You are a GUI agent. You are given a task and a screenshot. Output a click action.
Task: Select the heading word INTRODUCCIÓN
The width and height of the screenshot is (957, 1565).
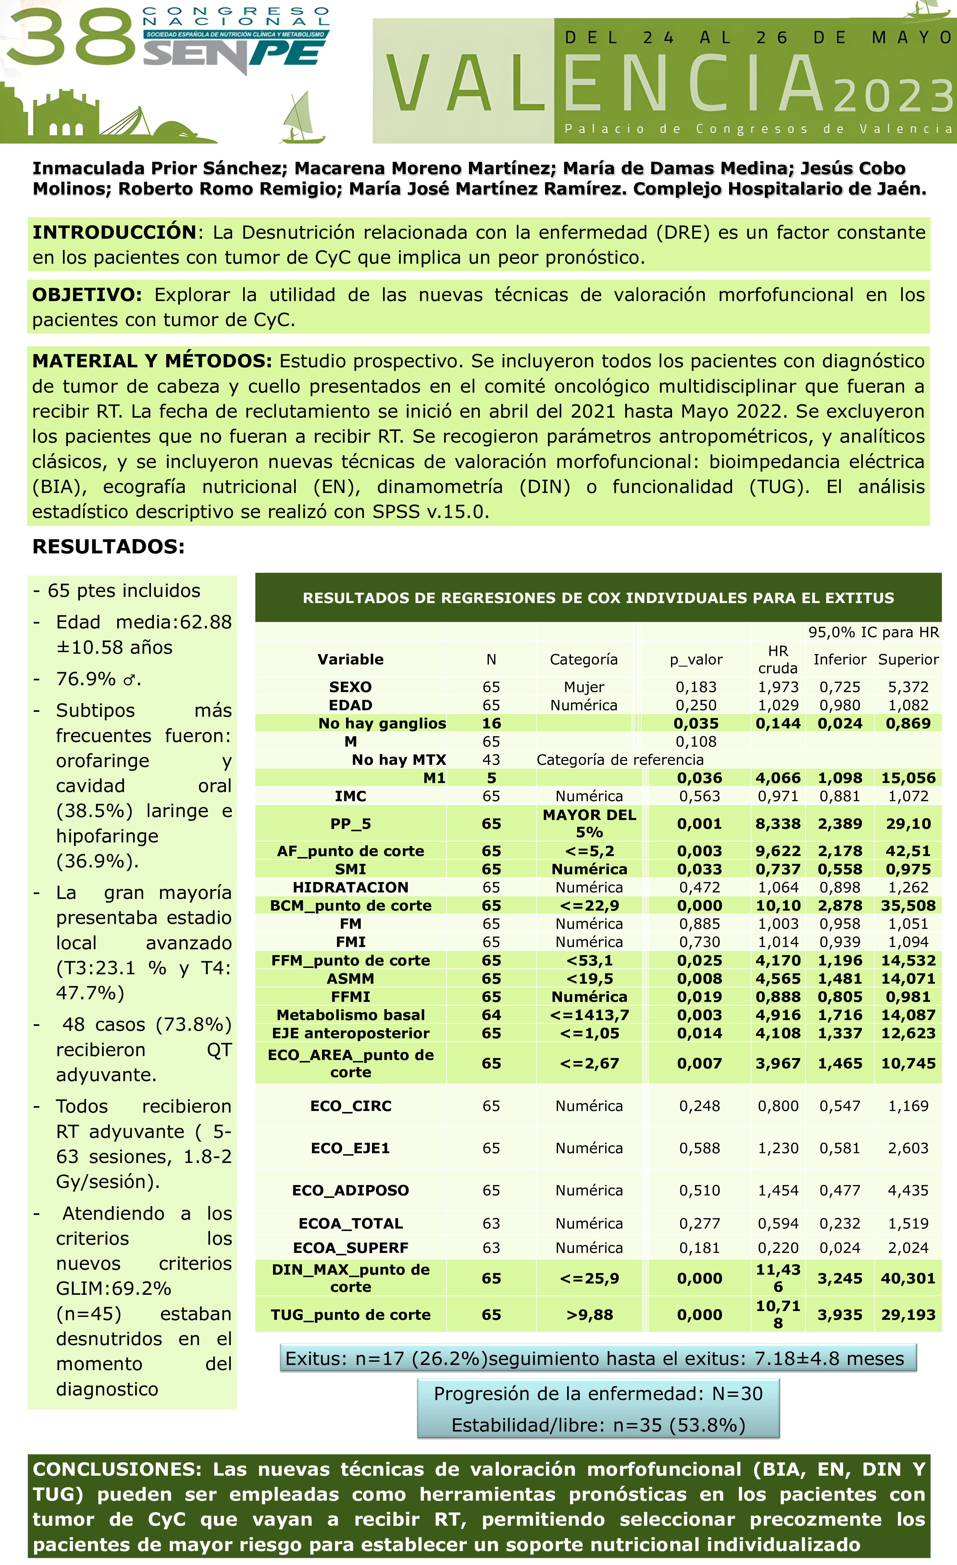tap(114, 233)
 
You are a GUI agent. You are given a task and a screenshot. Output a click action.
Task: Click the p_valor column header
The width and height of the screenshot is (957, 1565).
tap(696, 659)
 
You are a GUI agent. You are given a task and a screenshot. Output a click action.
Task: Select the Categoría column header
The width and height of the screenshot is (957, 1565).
tap(584, 659)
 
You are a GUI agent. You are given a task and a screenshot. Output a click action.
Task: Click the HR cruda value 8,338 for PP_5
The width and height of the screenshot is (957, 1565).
tap(778, 824)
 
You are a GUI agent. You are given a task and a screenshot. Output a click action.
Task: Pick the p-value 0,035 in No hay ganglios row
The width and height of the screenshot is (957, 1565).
tap(696, 724)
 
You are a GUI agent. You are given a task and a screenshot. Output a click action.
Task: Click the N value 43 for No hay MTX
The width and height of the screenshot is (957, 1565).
tap(491, 760)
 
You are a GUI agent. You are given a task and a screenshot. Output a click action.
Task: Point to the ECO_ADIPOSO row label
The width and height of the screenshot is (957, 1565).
tap(351, 1190)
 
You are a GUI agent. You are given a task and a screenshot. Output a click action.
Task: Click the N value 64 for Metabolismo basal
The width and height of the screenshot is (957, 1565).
tap(491, 1015)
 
